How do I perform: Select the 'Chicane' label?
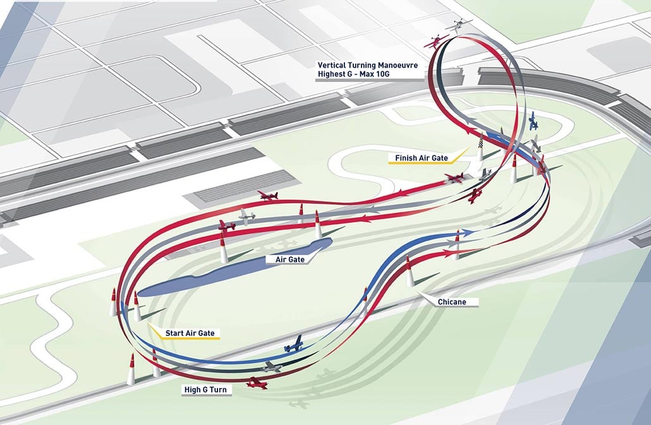point(451,302)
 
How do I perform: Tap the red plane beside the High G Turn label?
point(257,383)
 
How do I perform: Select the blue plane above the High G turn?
point(294,344)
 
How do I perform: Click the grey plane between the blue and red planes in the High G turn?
point(272,366)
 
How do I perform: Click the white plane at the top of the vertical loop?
point(459,25)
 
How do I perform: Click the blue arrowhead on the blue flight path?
point(468,233)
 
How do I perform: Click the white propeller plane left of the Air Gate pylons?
point(247,217)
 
